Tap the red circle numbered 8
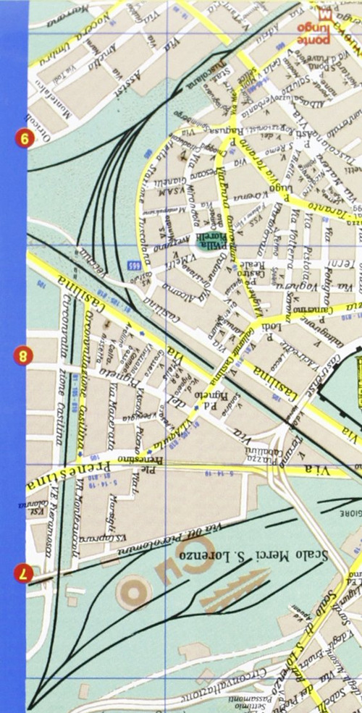tap(23, 355)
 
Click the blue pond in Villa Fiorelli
tap(205, 248)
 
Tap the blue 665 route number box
tap(135, 265)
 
